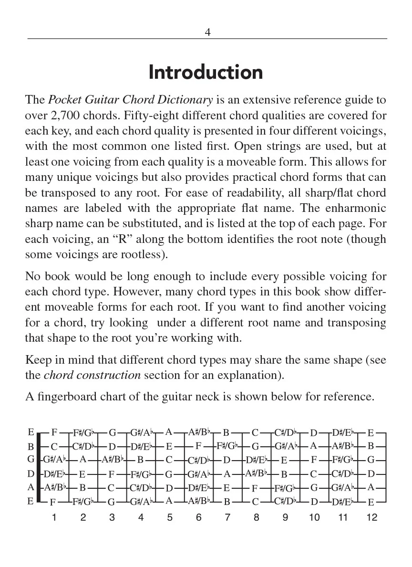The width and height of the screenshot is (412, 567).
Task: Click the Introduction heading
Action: (206, 73)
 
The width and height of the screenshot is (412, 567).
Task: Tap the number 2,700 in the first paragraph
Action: (66, 115)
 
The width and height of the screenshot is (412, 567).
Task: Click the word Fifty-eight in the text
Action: (121, 115)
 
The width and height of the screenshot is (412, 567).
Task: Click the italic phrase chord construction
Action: (92, 375)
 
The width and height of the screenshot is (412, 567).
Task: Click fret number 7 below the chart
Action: (227, 518)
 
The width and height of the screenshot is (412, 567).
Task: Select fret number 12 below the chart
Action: (371, 518)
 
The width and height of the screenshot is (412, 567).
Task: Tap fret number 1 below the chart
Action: (54, 518)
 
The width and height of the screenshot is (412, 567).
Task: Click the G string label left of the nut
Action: (31, 460)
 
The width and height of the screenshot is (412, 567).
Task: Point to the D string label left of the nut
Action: (31, 474)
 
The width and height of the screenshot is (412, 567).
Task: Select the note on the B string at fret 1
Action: (54, 447)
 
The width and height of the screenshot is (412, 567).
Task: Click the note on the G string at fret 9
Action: (284, 461)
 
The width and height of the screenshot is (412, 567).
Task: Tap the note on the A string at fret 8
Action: (255, 488)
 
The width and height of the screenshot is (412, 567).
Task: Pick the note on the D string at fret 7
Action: (227, 474)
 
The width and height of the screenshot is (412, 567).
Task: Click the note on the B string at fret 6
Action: (198, 447)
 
